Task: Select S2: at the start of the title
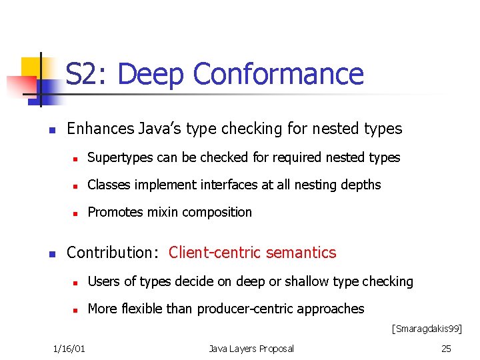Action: [x=88, y=75]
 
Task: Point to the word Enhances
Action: [x=99, y=128]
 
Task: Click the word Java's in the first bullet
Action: [x=161, y=128]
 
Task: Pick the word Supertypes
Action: [x=118, y=158]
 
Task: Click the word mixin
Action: [x=162, y=213]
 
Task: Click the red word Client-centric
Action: [x=215, y=253]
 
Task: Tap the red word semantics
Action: [x=301, y=253]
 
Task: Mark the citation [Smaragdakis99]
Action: [x=426, y=329]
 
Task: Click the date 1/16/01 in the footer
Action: [x=73, y=349]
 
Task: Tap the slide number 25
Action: [x=446, y=349]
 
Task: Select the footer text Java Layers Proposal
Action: [x=251, y=349]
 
